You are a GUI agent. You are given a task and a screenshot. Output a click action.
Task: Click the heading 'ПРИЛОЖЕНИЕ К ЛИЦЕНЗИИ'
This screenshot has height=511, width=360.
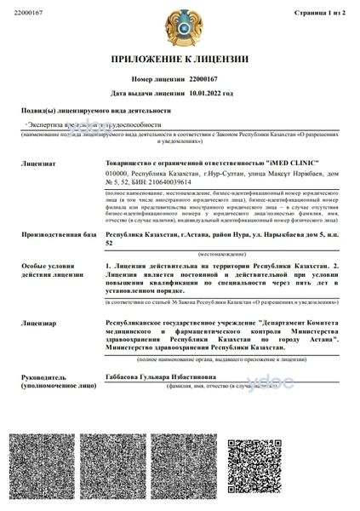(180, 60)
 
